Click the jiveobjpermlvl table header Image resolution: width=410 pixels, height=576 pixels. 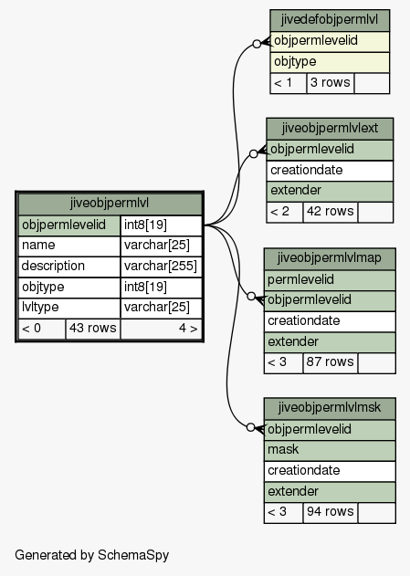(110, 204)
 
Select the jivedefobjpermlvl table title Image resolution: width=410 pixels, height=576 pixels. (330, 20)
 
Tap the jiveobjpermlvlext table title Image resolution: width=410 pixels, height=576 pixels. (330, 129)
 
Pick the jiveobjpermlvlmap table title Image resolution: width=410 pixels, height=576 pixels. (330, 258)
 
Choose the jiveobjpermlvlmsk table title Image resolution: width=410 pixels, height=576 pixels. (330, 408)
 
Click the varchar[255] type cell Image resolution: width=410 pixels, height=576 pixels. (161, 267)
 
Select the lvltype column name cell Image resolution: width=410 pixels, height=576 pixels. (69, 308)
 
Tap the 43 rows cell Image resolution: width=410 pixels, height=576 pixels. (93, 329)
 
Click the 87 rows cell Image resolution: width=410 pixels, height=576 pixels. (330, 362)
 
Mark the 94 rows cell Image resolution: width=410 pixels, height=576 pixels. (330, 512)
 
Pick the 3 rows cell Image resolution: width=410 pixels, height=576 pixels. (330, 83)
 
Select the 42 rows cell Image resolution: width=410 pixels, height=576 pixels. (330, 212)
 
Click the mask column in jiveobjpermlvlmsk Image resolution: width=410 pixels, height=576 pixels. (330, 450)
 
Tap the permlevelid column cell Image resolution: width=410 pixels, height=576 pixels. (330, 280)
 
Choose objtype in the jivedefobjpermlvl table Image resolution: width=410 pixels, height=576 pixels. (330, 62)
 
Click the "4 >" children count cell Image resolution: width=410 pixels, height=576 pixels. (161, 329)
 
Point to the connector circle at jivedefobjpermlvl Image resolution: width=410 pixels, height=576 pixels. (257, 44)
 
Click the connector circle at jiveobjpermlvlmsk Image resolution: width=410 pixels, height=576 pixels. (250, 427)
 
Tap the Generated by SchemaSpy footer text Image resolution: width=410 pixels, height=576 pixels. (92, 555)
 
